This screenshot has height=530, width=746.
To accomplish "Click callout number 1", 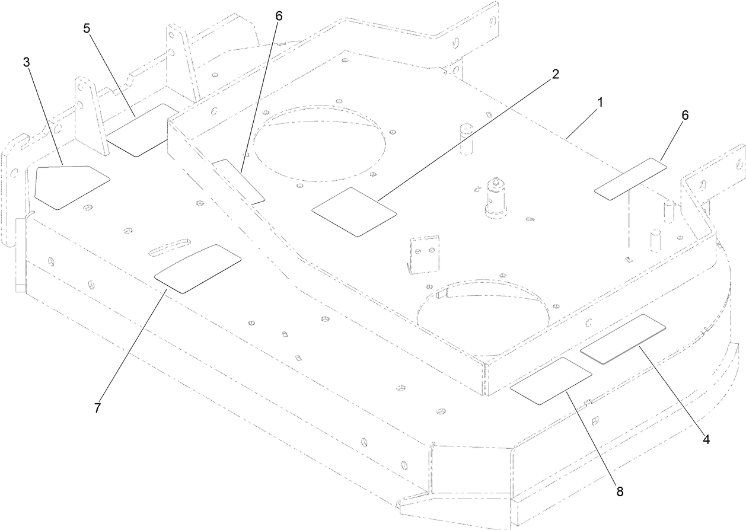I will [x=600, y=103].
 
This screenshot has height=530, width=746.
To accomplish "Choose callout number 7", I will [x=97, y=408].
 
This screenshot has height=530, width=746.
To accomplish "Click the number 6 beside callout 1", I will [x=684, y=116].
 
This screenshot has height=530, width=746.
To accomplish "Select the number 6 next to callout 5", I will [x=278, y=16].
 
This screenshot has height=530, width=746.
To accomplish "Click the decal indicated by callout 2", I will [x=354, y=212].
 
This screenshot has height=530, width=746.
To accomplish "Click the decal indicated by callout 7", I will [x=197, y=269].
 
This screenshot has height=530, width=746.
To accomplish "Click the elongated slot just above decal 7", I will [x=170, y=247].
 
